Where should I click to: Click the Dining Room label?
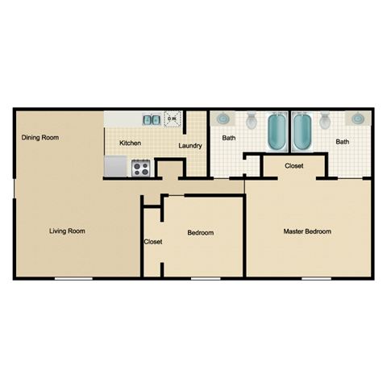point(40,138)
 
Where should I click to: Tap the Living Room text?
point(67,231)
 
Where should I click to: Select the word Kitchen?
point(131,144)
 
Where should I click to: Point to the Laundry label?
point(190,146)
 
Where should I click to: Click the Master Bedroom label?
point(306,231)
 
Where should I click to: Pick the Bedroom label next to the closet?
point(200,233)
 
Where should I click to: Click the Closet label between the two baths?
point(293,167)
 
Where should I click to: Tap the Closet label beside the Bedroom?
point(152,242)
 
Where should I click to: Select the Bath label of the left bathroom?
point(229,139)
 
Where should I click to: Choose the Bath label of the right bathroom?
point(343,143)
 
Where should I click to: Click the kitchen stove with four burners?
point(141,169)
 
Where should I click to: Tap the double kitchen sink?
point(151,120)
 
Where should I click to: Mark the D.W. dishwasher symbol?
point(171,119)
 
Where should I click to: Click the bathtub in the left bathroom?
point(277,132)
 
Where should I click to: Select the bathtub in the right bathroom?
point(302,132)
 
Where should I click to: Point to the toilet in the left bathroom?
point(251,122)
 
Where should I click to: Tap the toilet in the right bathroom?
point(326,122)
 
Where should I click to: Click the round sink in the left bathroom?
point(222,119)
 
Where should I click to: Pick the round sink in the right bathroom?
point(356,119)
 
